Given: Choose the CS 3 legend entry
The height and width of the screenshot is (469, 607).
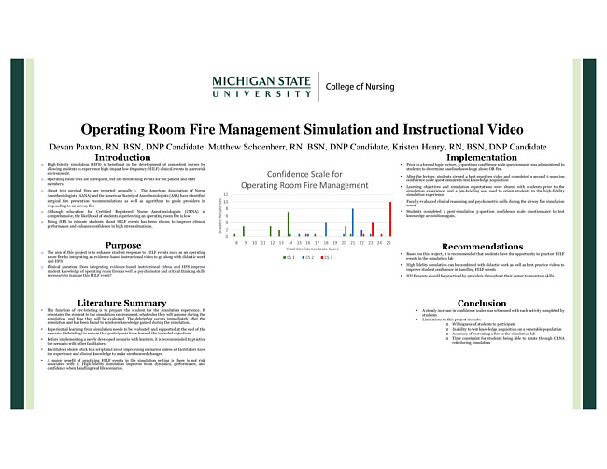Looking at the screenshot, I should click(326, 257).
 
